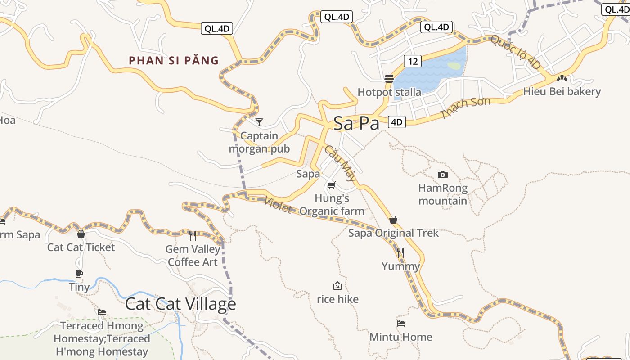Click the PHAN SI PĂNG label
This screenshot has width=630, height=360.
174,60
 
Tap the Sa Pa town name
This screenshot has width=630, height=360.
356,124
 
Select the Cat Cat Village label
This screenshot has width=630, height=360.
180,304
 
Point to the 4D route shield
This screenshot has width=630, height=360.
396,122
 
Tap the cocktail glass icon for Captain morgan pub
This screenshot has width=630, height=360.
259,122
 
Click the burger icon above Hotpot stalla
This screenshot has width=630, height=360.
389,79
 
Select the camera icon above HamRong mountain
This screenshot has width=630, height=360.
443,175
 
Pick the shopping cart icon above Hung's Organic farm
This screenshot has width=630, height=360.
332,185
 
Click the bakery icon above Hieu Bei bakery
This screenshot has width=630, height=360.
561,78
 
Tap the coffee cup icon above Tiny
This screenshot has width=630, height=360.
79,274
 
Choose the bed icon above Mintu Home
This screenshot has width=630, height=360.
400,323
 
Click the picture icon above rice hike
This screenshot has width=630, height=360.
337,286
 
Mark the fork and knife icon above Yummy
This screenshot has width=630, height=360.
400,252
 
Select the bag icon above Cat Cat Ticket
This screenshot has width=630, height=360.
81,234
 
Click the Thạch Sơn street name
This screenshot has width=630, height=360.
465,108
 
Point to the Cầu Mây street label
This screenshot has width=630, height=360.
341,163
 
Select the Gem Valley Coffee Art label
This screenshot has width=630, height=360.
193,256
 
